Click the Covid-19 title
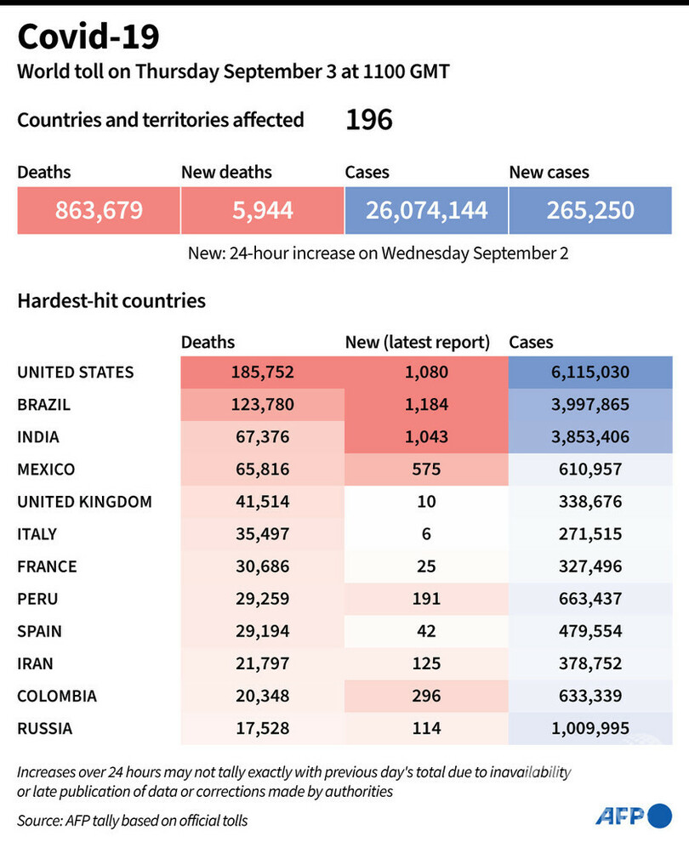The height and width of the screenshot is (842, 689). tap(88, 37)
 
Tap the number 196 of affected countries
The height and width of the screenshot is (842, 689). tap(368, 120)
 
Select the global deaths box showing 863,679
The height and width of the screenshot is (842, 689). tap(99, 209)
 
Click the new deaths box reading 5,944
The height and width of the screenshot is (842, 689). tap(262, 209)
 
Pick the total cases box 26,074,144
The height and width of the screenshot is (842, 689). tap(426, 209)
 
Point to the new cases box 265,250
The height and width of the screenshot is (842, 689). tap(590, 209)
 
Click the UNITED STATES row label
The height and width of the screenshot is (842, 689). tap(76, 373)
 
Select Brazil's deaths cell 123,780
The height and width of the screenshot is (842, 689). tap(261, 405)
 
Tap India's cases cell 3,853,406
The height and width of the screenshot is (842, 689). tap(590, 437)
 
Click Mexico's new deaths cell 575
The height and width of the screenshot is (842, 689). tap(426, 469)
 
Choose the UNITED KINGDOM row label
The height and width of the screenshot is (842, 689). tap(85, 502)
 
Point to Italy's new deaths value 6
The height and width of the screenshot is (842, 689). tap(426, 534)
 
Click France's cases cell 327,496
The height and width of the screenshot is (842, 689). tap(590, 566)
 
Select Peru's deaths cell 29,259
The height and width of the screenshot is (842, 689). tap(261, 599)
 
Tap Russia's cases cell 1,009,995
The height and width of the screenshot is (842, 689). tap(590, 728)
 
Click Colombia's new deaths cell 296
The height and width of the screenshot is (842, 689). tap(426, 696)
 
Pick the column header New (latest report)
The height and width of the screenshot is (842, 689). tap(418, 343)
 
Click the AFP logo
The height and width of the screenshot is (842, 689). tap(633, 816)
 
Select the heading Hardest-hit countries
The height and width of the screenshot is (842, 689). tap(111, 300)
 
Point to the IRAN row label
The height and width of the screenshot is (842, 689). tap(36, 663)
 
